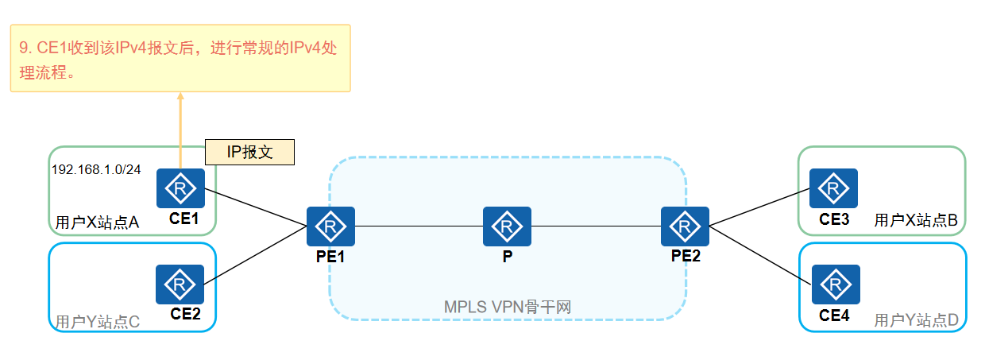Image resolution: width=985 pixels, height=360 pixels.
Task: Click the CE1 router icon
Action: point(180,188)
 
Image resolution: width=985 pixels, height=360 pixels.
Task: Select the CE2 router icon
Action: point(180,284)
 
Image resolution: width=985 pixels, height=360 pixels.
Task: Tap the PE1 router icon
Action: point(330,227)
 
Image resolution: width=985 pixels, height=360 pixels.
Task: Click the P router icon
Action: point(507,227)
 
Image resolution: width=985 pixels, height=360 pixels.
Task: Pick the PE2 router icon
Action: point(685,227)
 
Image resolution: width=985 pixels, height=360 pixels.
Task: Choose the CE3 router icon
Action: point(833,188)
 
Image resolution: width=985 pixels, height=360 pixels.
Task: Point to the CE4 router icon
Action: point(836,285)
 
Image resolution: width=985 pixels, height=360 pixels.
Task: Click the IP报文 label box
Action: point(249,153)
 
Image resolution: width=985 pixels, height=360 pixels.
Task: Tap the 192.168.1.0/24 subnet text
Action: point(96,170)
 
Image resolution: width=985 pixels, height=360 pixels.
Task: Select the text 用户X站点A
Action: point(97,223)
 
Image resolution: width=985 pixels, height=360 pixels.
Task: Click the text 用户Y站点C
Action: point(97,322)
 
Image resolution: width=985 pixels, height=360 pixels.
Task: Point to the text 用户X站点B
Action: point(916,220)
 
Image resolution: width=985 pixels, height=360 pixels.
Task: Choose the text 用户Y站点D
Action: point(916,320)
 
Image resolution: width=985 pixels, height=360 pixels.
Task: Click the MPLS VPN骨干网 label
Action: point(508,307)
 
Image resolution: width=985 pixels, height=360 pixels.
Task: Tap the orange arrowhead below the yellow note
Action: point(180,97)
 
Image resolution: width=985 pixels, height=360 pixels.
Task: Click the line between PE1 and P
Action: point(419,227)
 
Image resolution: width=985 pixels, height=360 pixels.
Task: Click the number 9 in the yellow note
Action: point(24,48)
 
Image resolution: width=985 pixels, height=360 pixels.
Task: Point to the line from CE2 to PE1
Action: point(256,255)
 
